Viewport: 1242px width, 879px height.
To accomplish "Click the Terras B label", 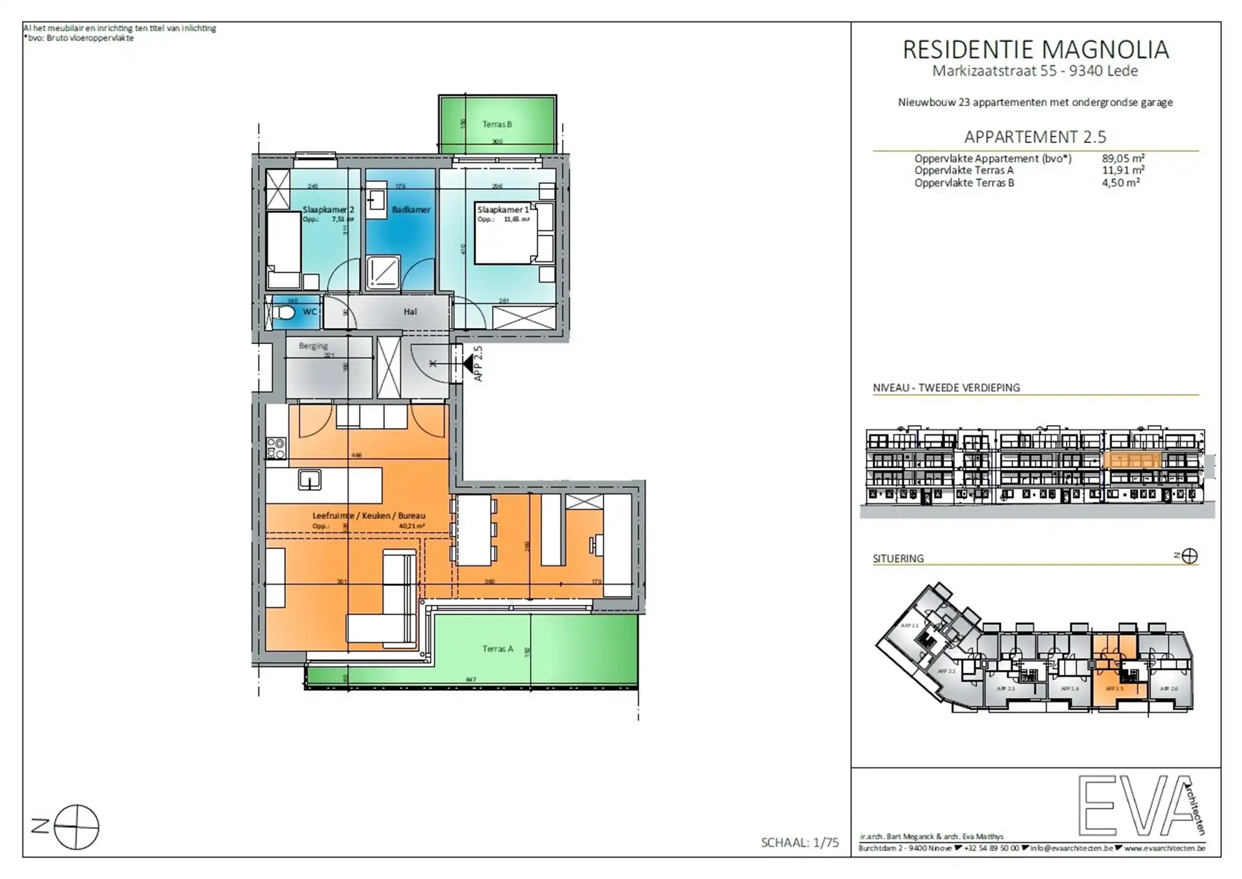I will [497, 124].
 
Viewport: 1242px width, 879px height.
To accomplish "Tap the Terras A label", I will [497, 649].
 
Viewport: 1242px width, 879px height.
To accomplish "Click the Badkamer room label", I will [411, 210].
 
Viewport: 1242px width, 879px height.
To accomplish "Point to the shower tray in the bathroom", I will [383, 272].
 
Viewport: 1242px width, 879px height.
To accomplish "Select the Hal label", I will [410, 312].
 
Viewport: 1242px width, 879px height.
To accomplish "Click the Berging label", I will [313, 346].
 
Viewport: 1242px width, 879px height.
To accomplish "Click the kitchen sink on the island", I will [309, 480].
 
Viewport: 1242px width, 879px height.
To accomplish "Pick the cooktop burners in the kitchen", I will [276, 448].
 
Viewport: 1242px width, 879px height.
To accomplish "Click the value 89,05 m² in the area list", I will [1123, 158].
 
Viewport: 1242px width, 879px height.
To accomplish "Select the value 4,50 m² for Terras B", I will [1120, 183].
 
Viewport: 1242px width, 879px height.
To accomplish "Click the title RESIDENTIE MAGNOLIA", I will [1035, 50].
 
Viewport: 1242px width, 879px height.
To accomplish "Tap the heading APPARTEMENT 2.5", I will [1035, 137].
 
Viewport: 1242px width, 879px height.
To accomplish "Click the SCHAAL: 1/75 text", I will [800, 842].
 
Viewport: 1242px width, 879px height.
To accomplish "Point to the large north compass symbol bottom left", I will [76, 827].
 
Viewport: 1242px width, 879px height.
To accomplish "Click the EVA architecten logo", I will [1142, 805].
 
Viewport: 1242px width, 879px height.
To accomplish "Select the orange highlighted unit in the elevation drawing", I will [1132, 461].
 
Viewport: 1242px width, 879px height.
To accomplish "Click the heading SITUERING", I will [898, 558].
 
